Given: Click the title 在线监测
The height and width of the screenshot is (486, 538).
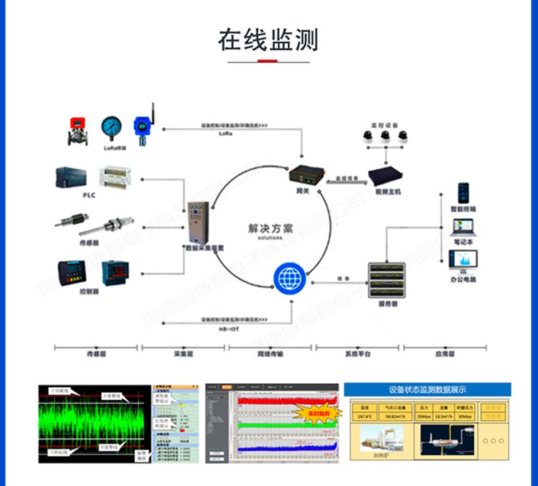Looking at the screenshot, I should tap(268, 40).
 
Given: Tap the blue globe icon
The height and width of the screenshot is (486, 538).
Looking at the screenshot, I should tap(290, 279).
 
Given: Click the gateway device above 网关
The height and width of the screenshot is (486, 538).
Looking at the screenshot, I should tap(303, 174).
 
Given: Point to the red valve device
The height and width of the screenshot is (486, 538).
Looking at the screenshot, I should tap(76, 130).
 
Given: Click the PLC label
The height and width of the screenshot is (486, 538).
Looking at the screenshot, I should tap(89, 195).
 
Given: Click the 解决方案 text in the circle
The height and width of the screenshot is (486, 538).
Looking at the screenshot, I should tap(270, 229).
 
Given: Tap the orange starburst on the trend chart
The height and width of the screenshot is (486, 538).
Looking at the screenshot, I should tap(315, 414).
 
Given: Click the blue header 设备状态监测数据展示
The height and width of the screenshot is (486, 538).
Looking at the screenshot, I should tap(428, 390).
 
